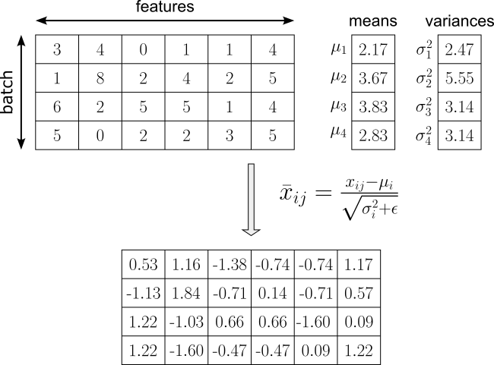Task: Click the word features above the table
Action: pos(165,8)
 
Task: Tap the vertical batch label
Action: pos(9,93)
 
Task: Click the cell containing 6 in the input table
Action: pos(57,107)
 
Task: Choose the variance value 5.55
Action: pos(459,79)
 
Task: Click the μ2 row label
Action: pos(338,77)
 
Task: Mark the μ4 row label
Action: pos(338,134)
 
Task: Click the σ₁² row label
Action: pos(423,49)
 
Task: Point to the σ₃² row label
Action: pos(423,106)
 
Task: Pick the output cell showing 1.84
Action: pos(186,293)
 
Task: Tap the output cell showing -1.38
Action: pos(230,264)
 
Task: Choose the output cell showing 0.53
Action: pos(144,264)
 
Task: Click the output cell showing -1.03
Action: pos(186,322)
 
